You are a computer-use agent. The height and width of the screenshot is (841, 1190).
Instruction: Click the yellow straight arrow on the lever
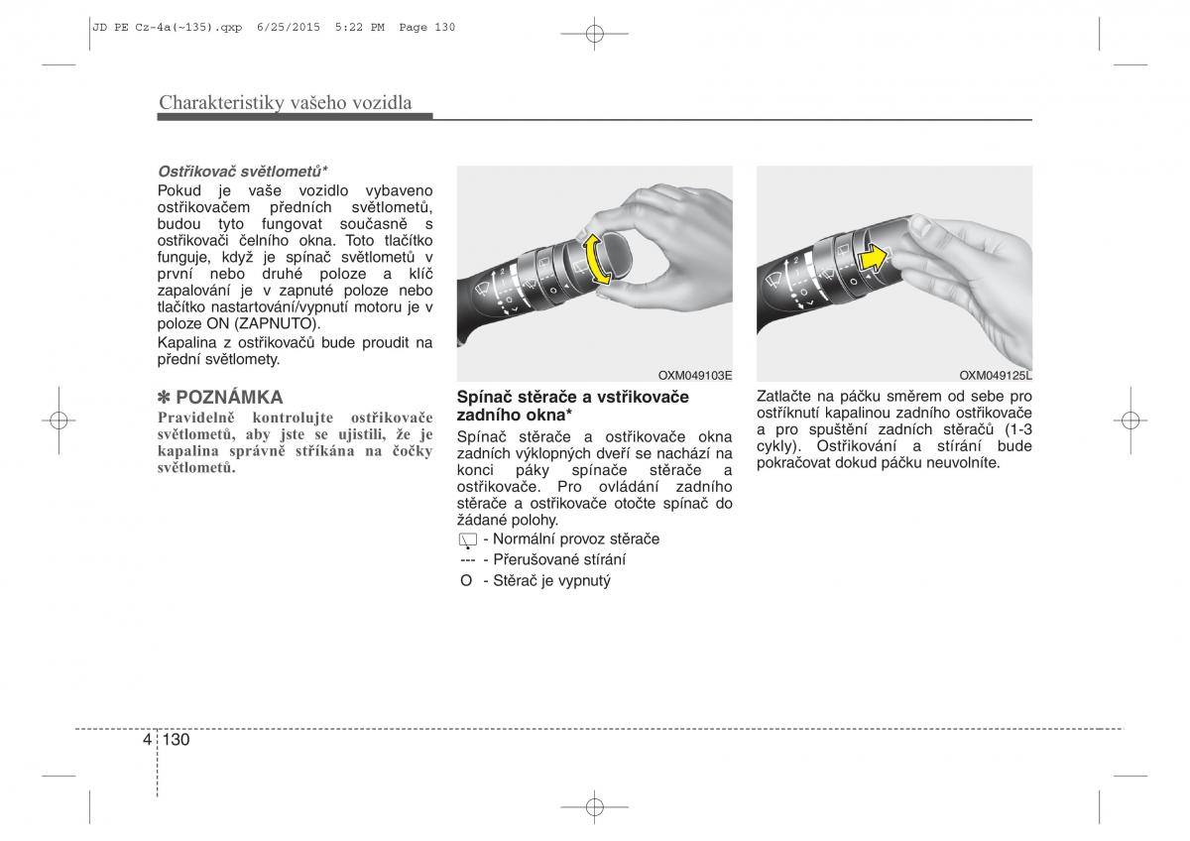pyautogui.click(x=874, y=259)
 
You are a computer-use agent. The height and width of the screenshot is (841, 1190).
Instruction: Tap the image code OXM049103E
pyautogui.click(x=695, y=376)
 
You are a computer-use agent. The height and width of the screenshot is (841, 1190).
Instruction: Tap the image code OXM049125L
pyautogui.click(x=995, y=376)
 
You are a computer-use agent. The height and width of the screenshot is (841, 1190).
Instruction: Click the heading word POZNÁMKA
pyautogui.click(x=229, y=398)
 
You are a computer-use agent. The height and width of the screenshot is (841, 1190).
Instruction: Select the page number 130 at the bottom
pyautogui.click(x=176, y=740)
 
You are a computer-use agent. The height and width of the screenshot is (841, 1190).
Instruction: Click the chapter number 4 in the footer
pyautogui.click(x=147, y=740)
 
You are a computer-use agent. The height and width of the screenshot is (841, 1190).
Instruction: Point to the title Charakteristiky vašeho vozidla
pyautogui.click(x=286, y=102)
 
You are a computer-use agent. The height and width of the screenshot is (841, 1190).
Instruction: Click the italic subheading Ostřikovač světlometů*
pyautogui.click(x=242, y=172)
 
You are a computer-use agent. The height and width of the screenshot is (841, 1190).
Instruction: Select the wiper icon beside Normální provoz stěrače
pyautogui.click(x=467, y=541)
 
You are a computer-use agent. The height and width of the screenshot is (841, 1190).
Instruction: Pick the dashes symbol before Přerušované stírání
pyautogui.click(x=467, y=560)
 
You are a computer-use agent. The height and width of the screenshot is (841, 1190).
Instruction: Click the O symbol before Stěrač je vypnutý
pyautogui.click(x=466, y=581)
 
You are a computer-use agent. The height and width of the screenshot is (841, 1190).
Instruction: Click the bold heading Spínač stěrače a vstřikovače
pyautogui.click(x=573, y=397)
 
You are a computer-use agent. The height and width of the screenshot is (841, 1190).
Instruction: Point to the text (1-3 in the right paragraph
pyautogui.click(x=1018, y=429)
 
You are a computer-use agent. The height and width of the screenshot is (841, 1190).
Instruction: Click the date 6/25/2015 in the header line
pyautogui.click(x=289, y=27)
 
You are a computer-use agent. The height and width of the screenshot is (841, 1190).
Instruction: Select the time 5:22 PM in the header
pyautogui.click(x=360, y=27)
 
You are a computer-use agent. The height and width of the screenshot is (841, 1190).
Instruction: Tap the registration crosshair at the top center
pyautogui.click(x=594, y=34)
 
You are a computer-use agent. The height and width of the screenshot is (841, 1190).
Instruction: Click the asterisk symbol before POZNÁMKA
pyautogui.click(x=164, y=398)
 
